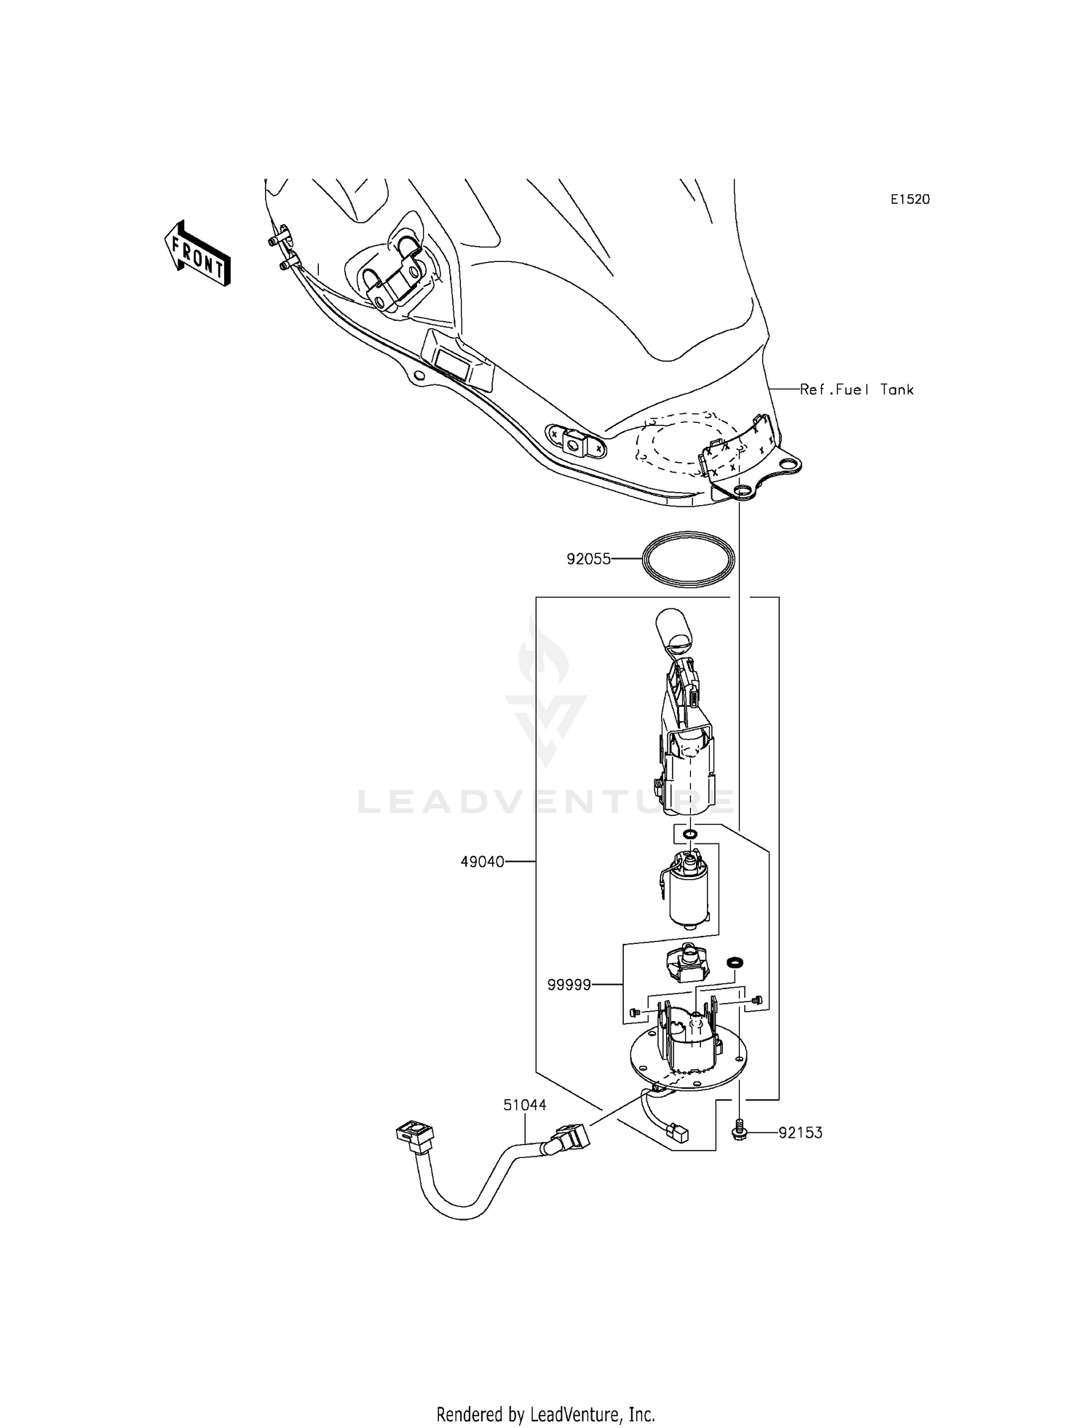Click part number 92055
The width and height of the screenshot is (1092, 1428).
pos(588,560)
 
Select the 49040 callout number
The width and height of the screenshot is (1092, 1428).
pos(482,862)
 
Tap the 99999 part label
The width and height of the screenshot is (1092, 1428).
pos(569,985)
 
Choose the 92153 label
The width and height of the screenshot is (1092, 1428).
pos(800,1133)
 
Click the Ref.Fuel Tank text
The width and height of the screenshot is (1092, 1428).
pos(856,389)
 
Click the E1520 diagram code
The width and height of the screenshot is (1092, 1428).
pos(909,199)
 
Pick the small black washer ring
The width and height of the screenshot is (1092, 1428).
pos(735,963)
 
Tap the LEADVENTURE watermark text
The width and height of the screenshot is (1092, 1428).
pos(546,802)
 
